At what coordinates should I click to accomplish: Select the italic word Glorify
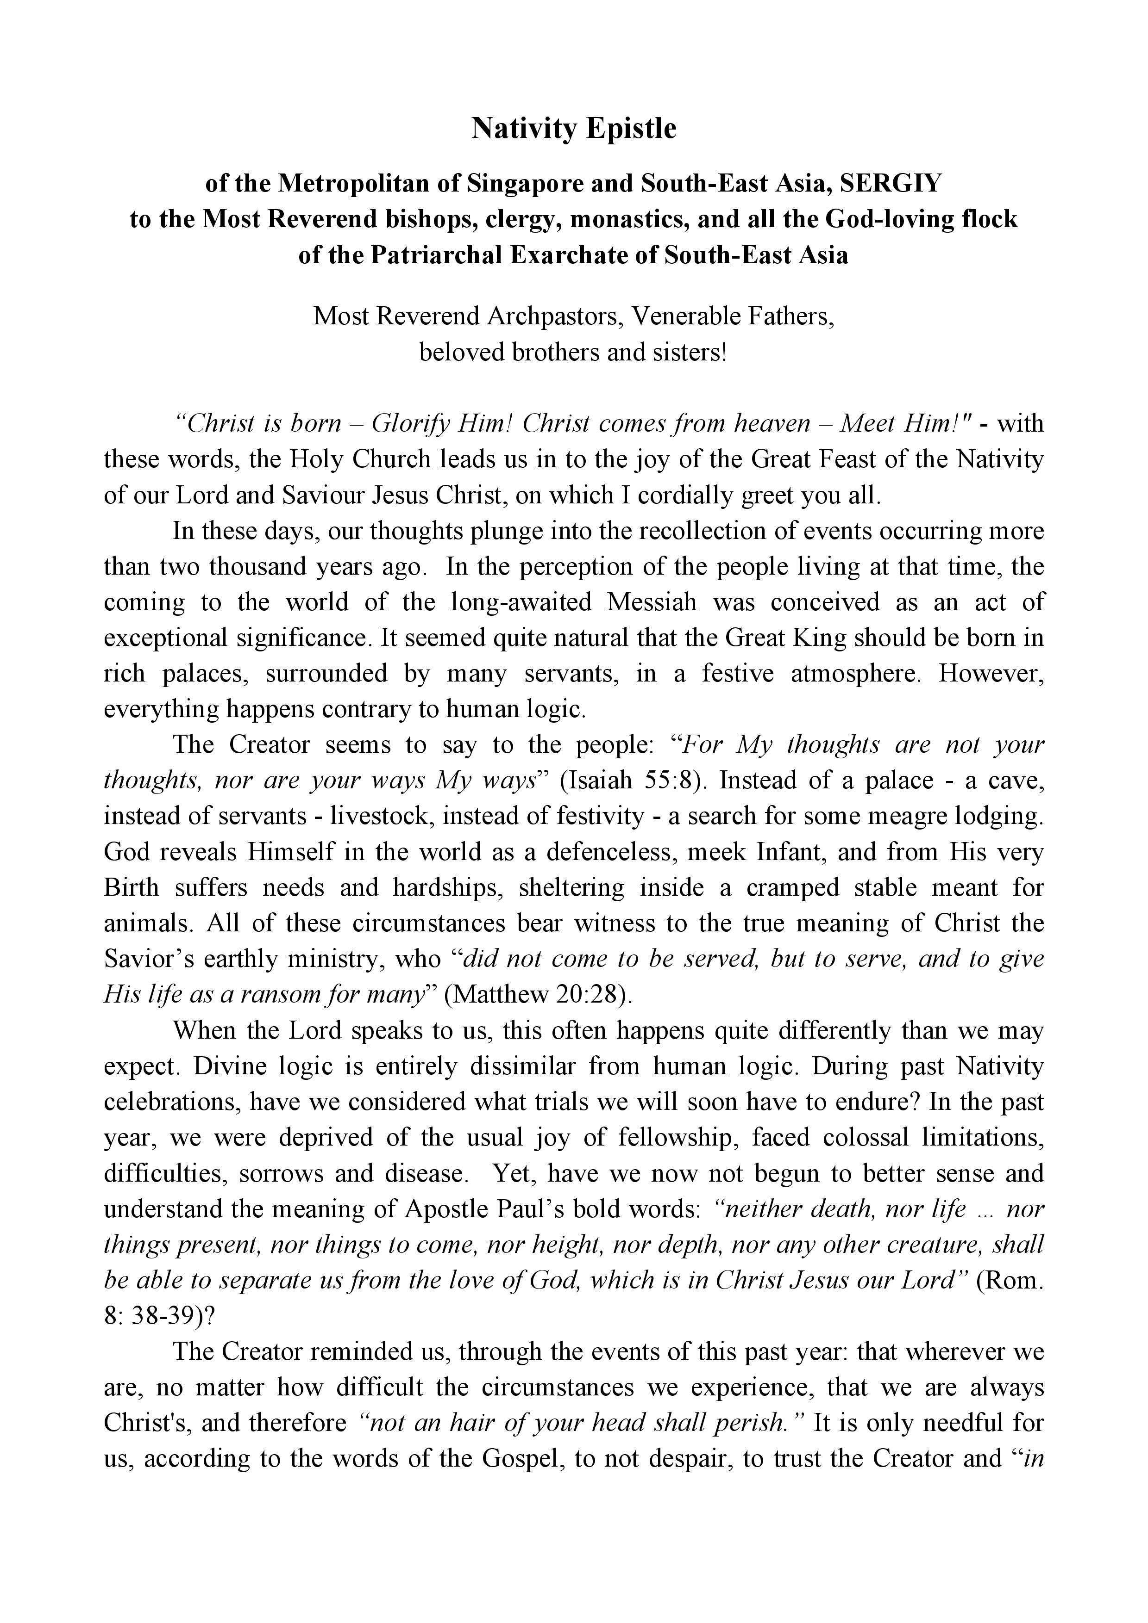click(x=412, y=423)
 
